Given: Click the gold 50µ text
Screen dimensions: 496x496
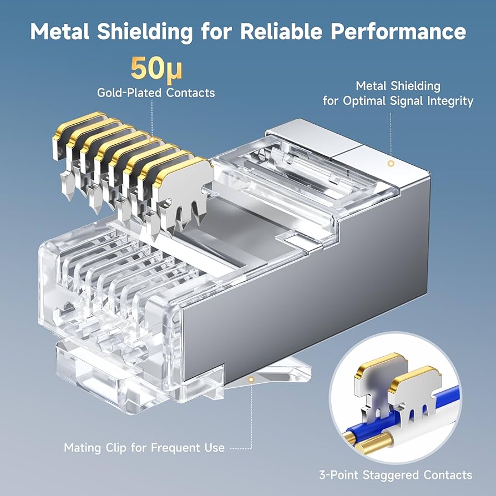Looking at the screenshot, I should coord(156,68).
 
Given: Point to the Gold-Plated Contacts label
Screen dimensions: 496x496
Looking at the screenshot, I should coord(156,93).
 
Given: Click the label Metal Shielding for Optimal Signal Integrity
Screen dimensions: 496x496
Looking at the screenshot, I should coord(398,94).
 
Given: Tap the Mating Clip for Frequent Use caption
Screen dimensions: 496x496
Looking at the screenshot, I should coord(144,448).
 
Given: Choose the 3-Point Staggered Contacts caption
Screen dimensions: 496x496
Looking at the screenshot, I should coord(396,475).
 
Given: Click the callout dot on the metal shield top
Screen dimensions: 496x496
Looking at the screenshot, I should coord(391,164).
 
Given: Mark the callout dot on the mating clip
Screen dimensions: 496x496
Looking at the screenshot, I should coord(251,380).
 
